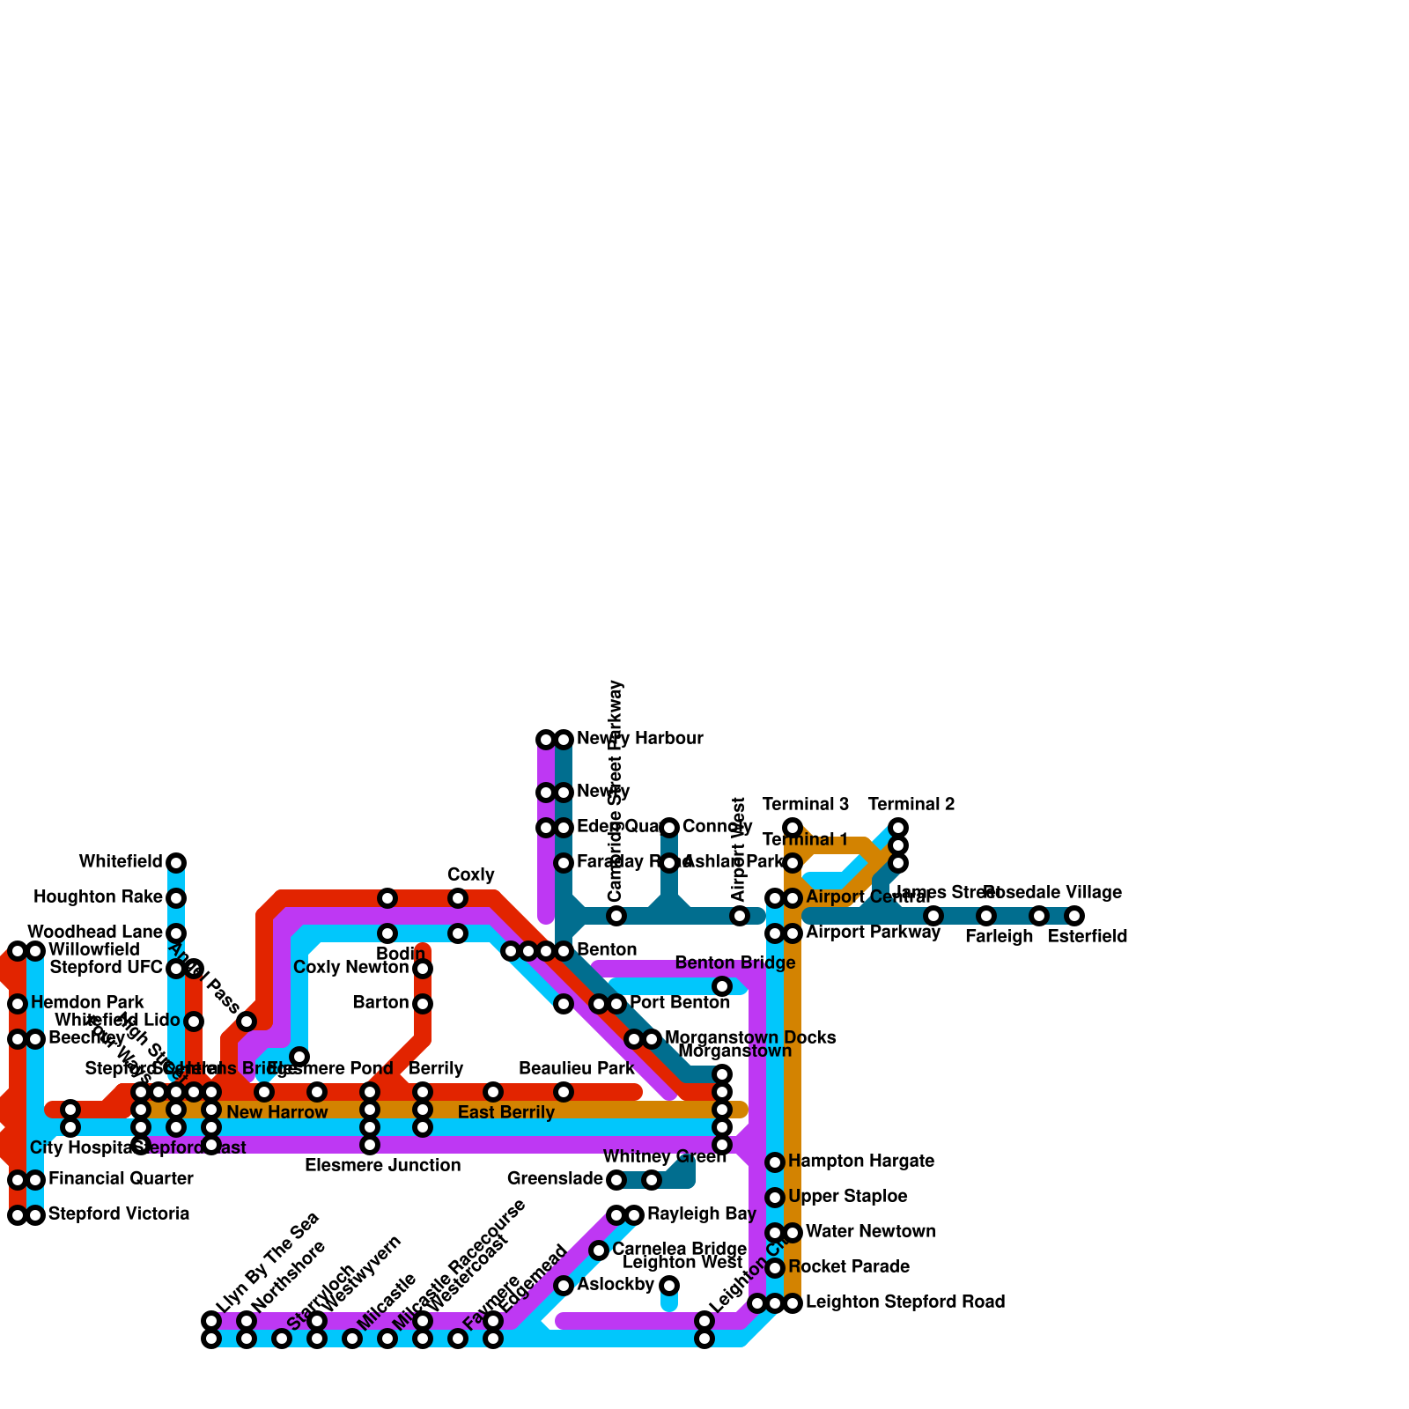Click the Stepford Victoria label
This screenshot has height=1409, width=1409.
[119, 1214]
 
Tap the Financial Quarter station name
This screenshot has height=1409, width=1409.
[121, 1179]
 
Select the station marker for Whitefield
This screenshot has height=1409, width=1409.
[176, 862]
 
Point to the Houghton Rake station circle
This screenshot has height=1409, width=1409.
[176, 898]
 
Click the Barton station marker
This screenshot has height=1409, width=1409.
[423, 1004]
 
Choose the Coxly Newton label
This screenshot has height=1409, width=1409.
[350, 968]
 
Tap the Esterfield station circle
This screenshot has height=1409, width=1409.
[1074, 916]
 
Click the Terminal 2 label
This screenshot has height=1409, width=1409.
[911, 804]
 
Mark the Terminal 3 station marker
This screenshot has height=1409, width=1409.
[793, 828]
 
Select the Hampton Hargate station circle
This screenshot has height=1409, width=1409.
[775, 1162]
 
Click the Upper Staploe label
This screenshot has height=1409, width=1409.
[847, 1197]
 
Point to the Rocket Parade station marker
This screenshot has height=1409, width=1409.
[775, 1268]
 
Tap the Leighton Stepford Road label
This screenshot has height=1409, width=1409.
[905, 1302]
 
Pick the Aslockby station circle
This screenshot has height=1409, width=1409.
[564, 1286]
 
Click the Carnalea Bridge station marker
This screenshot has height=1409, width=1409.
[599, 1250]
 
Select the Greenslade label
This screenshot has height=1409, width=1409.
[555, 1179]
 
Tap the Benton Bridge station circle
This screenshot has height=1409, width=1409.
[722, 986]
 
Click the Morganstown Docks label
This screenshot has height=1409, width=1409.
[750, 1038]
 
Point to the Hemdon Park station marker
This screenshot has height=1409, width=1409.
[18, 1004]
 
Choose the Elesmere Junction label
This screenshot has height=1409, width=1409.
[382, 1166]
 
